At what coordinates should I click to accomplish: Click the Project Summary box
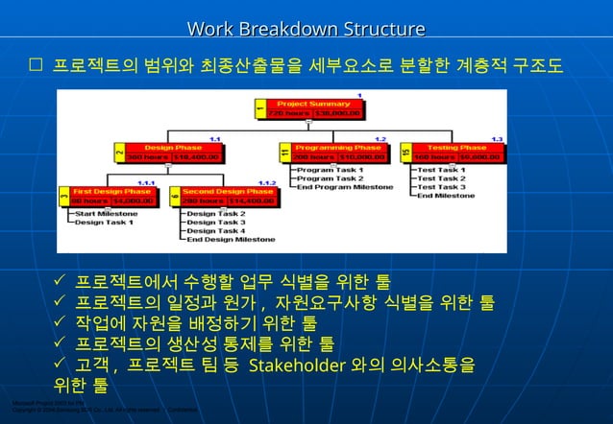(x=313, y=108)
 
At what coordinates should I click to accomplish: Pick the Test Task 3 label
(x=442, y=186)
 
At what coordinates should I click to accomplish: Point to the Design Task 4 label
(x=215, y=231)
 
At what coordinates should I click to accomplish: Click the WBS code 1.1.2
(x=267, y=182)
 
